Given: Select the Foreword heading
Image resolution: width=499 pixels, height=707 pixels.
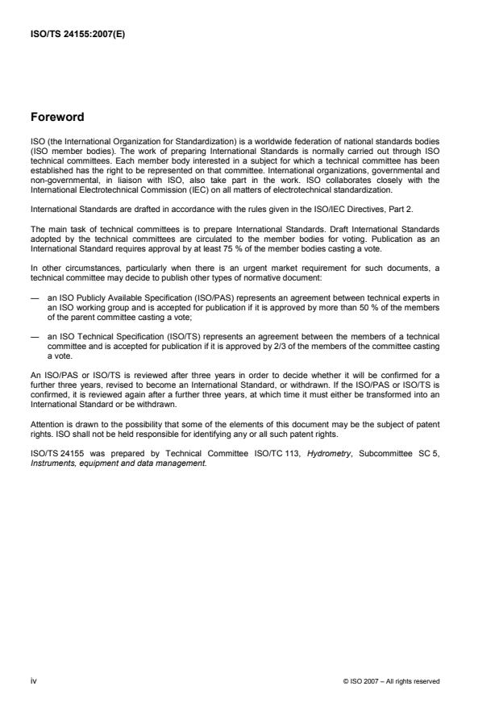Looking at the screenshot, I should coord(58,116).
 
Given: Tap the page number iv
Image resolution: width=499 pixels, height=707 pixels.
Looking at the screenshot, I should coord(33,680).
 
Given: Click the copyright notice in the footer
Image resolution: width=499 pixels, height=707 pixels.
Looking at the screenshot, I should coord(391,681).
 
